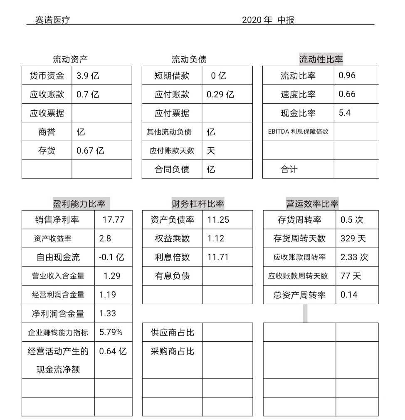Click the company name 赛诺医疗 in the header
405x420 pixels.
click(52, 20)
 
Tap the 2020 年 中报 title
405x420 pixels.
click(268, 20)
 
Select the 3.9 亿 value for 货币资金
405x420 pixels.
click(88, 76)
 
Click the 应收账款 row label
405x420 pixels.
click(47, 94)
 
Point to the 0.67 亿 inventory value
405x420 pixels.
click(90, 151)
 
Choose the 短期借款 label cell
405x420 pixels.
click(172, 76)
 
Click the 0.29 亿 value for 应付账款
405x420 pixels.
click(220, 94)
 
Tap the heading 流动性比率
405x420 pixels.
click(321, 60)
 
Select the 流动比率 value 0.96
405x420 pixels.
click(347, 75)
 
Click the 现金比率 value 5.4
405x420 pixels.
click(345, 113)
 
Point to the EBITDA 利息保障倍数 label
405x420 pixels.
click(298, 132)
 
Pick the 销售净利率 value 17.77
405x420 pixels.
click(113, 220)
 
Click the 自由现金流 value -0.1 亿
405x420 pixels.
click(111, 257)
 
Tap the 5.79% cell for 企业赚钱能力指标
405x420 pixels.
click(111, 332)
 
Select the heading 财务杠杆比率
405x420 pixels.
click(198, 204)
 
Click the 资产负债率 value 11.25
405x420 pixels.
click(218, 220)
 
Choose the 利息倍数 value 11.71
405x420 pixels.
click(218, 257)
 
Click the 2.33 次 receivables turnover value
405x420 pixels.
click(354, 257)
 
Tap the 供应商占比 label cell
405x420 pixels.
click(172, 333)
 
